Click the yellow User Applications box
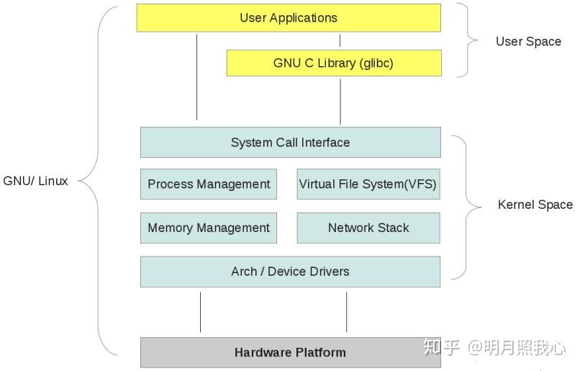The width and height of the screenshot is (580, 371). point(289,18)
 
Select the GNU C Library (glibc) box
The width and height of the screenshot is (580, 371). point(333,63)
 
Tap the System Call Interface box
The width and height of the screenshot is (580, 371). point(290,143)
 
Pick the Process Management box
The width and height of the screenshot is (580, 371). point(209,184)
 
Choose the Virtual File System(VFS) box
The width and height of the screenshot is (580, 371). point(368,184)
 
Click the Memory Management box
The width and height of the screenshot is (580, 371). point(209,228)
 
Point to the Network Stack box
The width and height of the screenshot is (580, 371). point(368,228)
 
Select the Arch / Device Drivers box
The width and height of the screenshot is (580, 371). point(290,272)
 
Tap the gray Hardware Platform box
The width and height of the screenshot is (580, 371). point(290,352)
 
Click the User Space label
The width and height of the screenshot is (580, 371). point(528,41)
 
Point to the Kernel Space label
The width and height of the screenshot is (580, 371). point(535,205)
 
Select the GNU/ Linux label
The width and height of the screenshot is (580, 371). point(35,181)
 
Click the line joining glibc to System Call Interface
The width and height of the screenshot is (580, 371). point(340,101)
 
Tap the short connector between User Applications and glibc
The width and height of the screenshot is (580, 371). point(340,40)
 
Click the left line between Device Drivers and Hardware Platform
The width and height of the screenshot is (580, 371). point(200,312)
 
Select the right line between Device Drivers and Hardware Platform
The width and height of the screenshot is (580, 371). point(347,312)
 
